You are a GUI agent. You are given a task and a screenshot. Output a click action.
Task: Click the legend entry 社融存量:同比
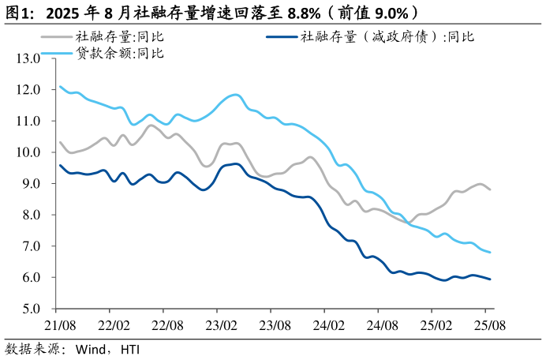pyautogui.click(x=119, y=36)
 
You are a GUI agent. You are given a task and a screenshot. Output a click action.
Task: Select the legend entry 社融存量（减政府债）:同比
pyautogui.click(x=387, y=36)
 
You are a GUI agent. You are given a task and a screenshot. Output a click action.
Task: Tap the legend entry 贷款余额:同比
pyautogui.click(x=119, y=53)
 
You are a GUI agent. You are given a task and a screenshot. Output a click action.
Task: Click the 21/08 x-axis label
pyautogui.click(x=59, y=324)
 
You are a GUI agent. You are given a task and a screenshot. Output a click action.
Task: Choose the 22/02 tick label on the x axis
pyautogui.click(x=113, y=324)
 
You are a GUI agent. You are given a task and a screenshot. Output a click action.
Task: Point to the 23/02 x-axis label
pyautogui.click(x=222, y=324)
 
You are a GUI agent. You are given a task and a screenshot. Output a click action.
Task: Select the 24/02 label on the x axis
pyautogui.click(x=328, y=324)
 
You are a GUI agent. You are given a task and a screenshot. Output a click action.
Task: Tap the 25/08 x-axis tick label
pyautogui.click(x=488, y=324)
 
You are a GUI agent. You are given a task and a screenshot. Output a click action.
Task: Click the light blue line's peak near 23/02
pyautogui.click(x=236, y=95)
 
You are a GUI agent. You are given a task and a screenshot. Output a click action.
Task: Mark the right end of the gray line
pyautogui.click(x=490, y=189)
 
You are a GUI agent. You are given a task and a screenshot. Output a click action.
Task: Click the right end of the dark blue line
pyautogui.click(x=490, y=279)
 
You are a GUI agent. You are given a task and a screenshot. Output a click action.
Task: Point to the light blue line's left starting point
pyautogui.click(x=60, y=87)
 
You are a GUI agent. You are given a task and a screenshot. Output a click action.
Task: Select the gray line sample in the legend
pyautogui.click(x=57, y=36)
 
